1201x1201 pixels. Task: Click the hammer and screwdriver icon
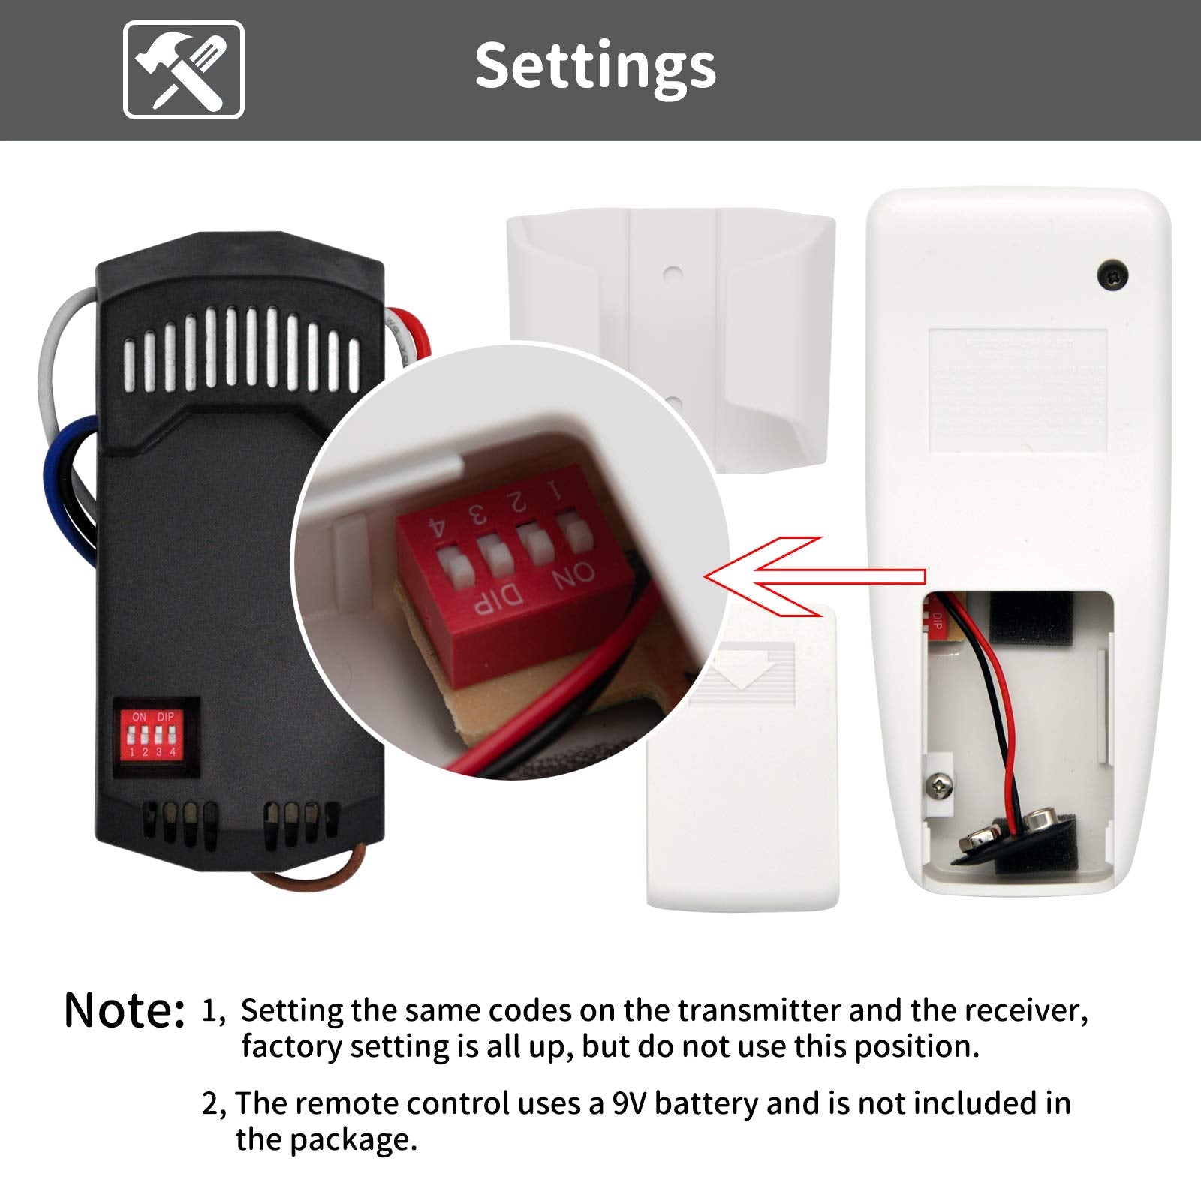tap(184, 70)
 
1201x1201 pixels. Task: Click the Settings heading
tap(595, 66)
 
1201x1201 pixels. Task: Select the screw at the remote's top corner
tap(1112, 275)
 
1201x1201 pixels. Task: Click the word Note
tap(124, 1010)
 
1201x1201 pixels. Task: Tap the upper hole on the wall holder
tap(673, 275)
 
